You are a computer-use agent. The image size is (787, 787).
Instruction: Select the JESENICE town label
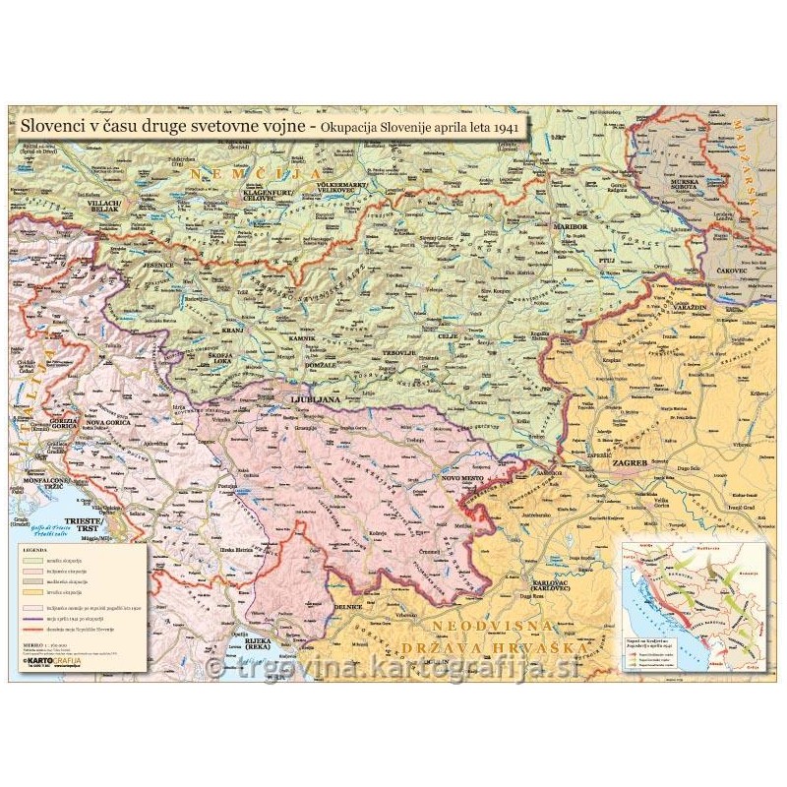tap(158, 265)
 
